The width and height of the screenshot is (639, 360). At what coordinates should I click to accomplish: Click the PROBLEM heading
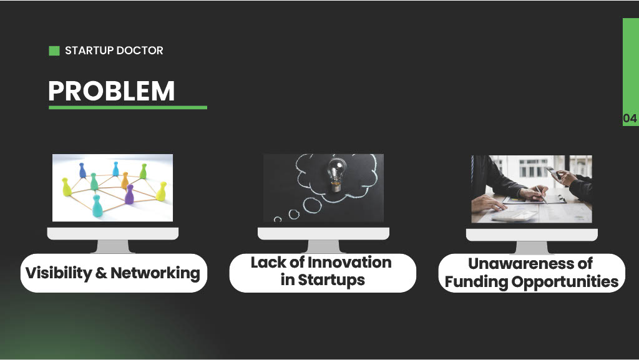[x=111, y=90]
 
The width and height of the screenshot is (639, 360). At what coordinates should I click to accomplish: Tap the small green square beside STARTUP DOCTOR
[x=54, y=51]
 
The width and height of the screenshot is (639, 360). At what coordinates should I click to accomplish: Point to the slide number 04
[x=630, y=119]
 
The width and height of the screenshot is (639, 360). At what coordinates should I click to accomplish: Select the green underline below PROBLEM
[x=128, y=107]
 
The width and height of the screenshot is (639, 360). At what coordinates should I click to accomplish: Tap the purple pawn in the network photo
[x=129, y=194]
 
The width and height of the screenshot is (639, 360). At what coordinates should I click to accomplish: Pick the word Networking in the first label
[x=155, y=273]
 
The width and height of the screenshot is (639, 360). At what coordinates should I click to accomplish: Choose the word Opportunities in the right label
[x=565, y=282]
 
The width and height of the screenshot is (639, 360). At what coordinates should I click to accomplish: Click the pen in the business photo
[x=541, y=193]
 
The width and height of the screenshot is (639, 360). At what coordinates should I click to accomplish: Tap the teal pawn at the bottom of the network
[x=97, y=206]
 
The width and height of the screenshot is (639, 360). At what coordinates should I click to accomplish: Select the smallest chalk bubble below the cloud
[x=278, y=220]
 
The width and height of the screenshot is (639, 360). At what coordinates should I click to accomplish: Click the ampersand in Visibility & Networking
[x=101, y=273]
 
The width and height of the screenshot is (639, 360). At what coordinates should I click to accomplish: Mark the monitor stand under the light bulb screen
[x=324, y=246]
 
